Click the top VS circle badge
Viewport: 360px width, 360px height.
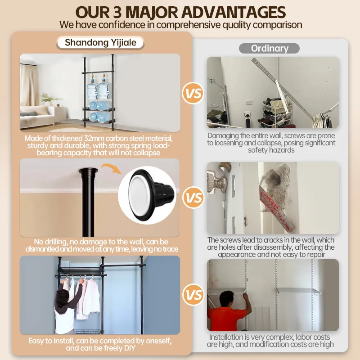point(193,94)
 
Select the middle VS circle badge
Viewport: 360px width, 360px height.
point(193,198)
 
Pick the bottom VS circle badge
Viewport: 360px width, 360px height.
point(193,295)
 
